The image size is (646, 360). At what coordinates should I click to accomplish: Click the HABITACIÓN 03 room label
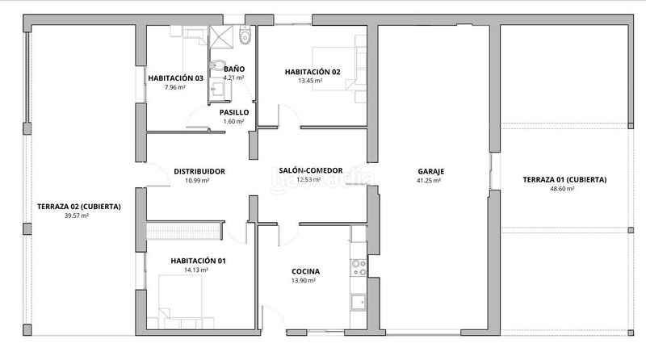click(175, 78)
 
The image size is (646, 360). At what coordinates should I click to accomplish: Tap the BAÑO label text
click(234, 69)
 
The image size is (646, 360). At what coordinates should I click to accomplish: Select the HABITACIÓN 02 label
click(313, 72)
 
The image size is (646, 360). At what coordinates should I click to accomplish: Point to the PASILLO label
click(233, 113)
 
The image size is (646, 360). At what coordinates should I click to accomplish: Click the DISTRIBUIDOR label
click(199, 171)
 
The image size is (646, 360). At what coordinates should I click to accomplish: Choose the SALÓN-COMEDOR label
click(310, 170)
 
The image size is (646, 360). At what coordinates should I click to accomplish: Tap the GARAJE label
click(431, 171)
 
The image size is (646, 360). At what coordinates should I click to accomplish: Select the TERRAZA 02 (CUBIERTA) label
click(79, 206)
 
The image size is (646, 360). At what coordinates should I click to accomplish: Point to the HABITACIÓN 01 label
click(198, 261)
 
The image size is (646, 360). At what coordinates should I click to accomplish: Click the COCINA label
click(305, 271)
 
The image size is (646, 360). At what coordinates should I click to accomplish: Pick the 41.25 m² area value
click(429, 181)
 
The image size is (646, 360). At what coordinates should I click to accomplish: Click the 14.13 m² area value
click(196, 270)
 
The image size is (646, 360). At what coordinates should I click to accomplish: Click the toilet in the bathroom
click(246, 36)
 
